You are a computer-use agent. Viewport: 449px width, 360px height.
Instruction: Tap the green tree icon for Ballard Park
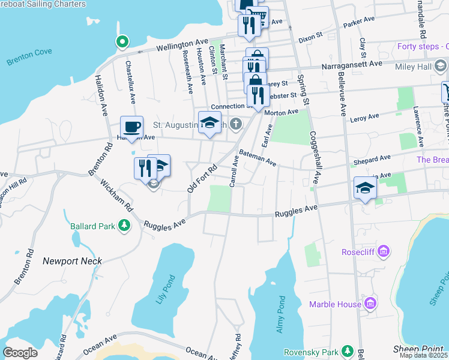click(124, 226)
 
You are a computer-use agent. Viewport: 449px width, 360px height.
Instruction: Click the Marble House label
click(336, 304)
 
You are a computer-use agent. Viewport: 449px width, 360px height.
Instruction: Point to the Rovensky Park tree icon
click(347, 351)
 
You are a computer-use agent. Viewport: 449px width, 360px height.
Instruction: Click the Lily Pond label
click(167, 290)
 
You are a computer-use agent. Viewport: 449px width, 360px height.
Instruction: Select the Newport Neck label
click(72, 261)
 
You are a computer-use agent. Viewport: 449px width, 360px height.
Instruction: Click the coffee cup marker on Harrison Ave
click(131, 127)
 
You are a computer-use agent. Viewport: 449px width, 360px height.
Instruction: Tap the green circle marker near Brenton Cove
click(122, 42)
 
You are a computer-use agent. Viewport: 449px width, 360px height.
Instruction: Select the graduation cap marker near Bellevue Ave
click(365, 188)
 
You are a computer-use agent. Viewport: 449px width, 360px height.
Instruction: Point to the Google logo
click(20, 352)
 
